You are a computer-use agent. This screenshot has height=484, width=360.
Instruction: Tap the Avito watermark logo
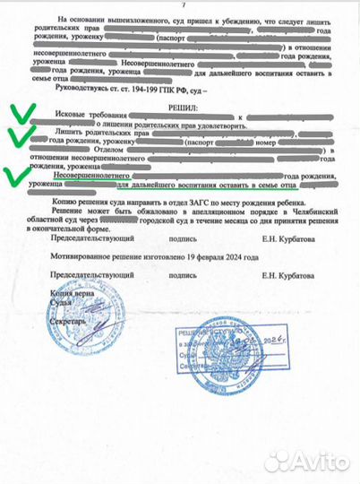point(304,459)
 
